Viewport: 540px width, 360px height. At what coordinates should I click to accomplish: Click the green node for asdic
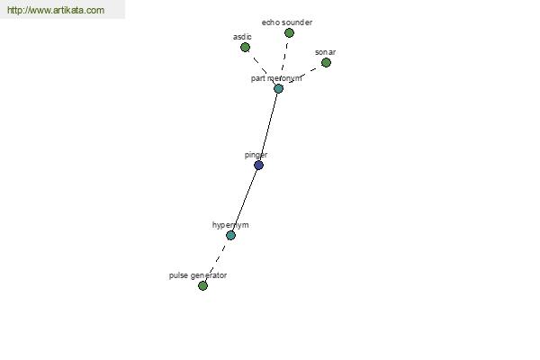(245, 47)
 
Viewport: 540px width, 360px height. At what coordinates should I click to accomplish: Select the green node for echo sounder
(289, 32)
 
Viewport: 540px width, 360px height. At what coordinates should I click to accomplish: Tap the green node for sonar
(326, 62)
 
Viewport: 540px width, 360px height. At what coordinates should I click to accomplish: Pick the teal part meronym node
(279, 88)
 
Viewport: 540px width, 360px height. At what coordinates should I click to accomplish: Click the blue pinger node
(258, 166)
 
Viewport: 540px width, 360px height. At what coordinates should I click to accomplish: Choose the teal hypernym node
(230, 235)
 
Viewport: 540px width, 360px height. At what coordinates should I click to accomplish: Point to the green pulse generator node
(202, 285)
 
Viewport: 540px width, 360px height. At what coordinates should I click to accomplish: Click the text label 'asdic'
(242, 37)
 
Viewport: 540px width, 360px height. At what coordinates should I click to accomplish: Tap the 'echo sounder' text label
(287, 22)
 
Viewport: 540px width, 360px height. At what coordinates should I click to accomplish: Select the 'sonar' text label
(326, 52)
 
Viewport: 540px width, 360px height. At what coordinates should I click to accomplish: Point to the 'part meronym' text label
(276, 78)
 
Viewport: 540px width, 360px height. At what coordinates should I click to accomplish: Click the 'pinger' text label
(256, 155)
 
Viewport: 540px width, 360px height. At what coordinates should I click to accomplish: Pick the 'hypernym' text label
(230, 225)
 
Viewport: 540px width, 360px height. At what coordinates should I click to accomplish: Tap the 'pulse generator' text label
(198, 275)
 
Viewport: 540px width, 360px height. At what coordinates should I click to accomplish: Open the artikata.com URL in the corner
(56, 10)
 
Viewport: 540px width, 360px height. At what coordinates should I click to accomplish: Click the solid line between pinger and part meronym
(268, 127)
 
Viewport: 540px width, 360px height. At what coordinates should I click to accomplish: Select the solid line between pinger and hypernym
(245, 200)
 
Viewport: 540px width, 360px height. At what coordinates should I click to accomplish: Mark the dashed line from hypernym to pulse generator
(217, 260)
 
